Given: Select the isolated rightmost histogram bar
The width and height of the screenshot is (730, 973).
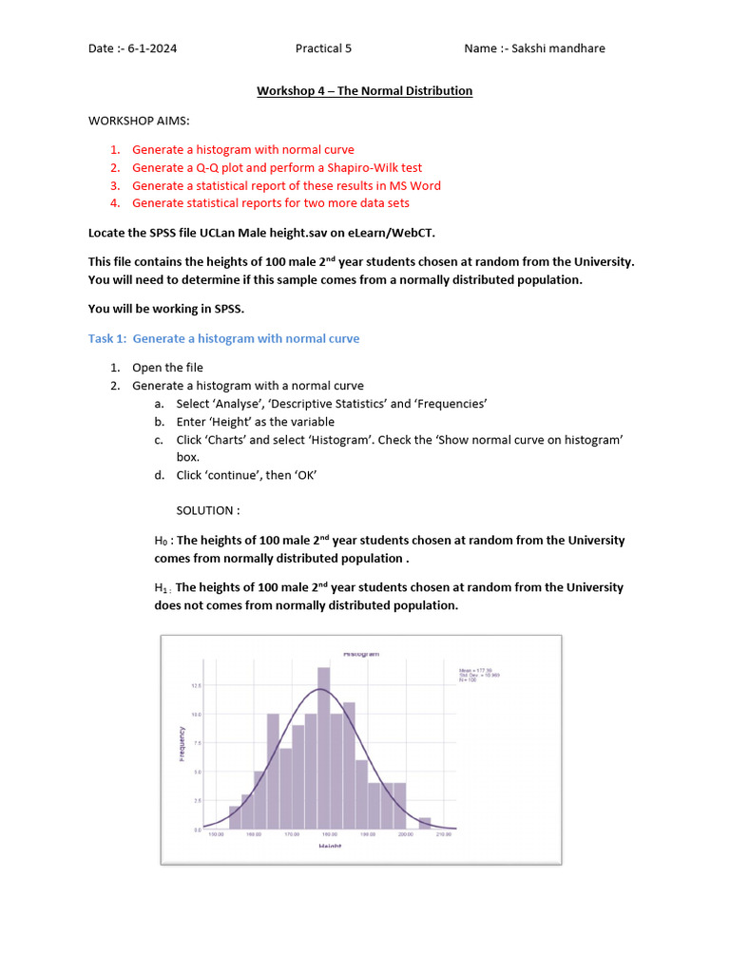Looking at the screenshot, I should [424, 823].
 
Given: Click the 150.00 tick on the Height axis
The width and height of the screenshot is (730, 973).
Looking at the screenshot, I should [216, 836].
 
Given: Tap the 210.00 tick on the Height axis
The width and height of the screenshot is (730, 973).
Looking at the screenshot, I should [443, 836].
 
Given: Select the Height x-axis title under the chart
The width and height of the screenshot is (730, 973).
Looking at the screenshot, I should [330, 846].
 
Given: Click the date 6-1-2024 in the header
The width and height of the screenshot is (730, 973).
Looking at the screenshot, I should [152, 48].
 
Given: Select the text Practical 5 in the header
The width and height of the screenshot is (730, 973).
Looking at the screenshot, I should [323, 48].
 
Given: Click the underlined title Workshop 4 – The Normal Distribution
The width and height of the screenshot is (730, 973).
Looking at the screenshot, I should [364, 91].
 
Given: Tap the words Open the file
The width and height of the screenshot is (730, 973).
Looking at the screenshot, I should [167, 368].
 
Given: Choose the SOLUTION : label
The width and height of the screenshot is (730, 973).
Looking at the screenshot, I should [207, 510].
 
